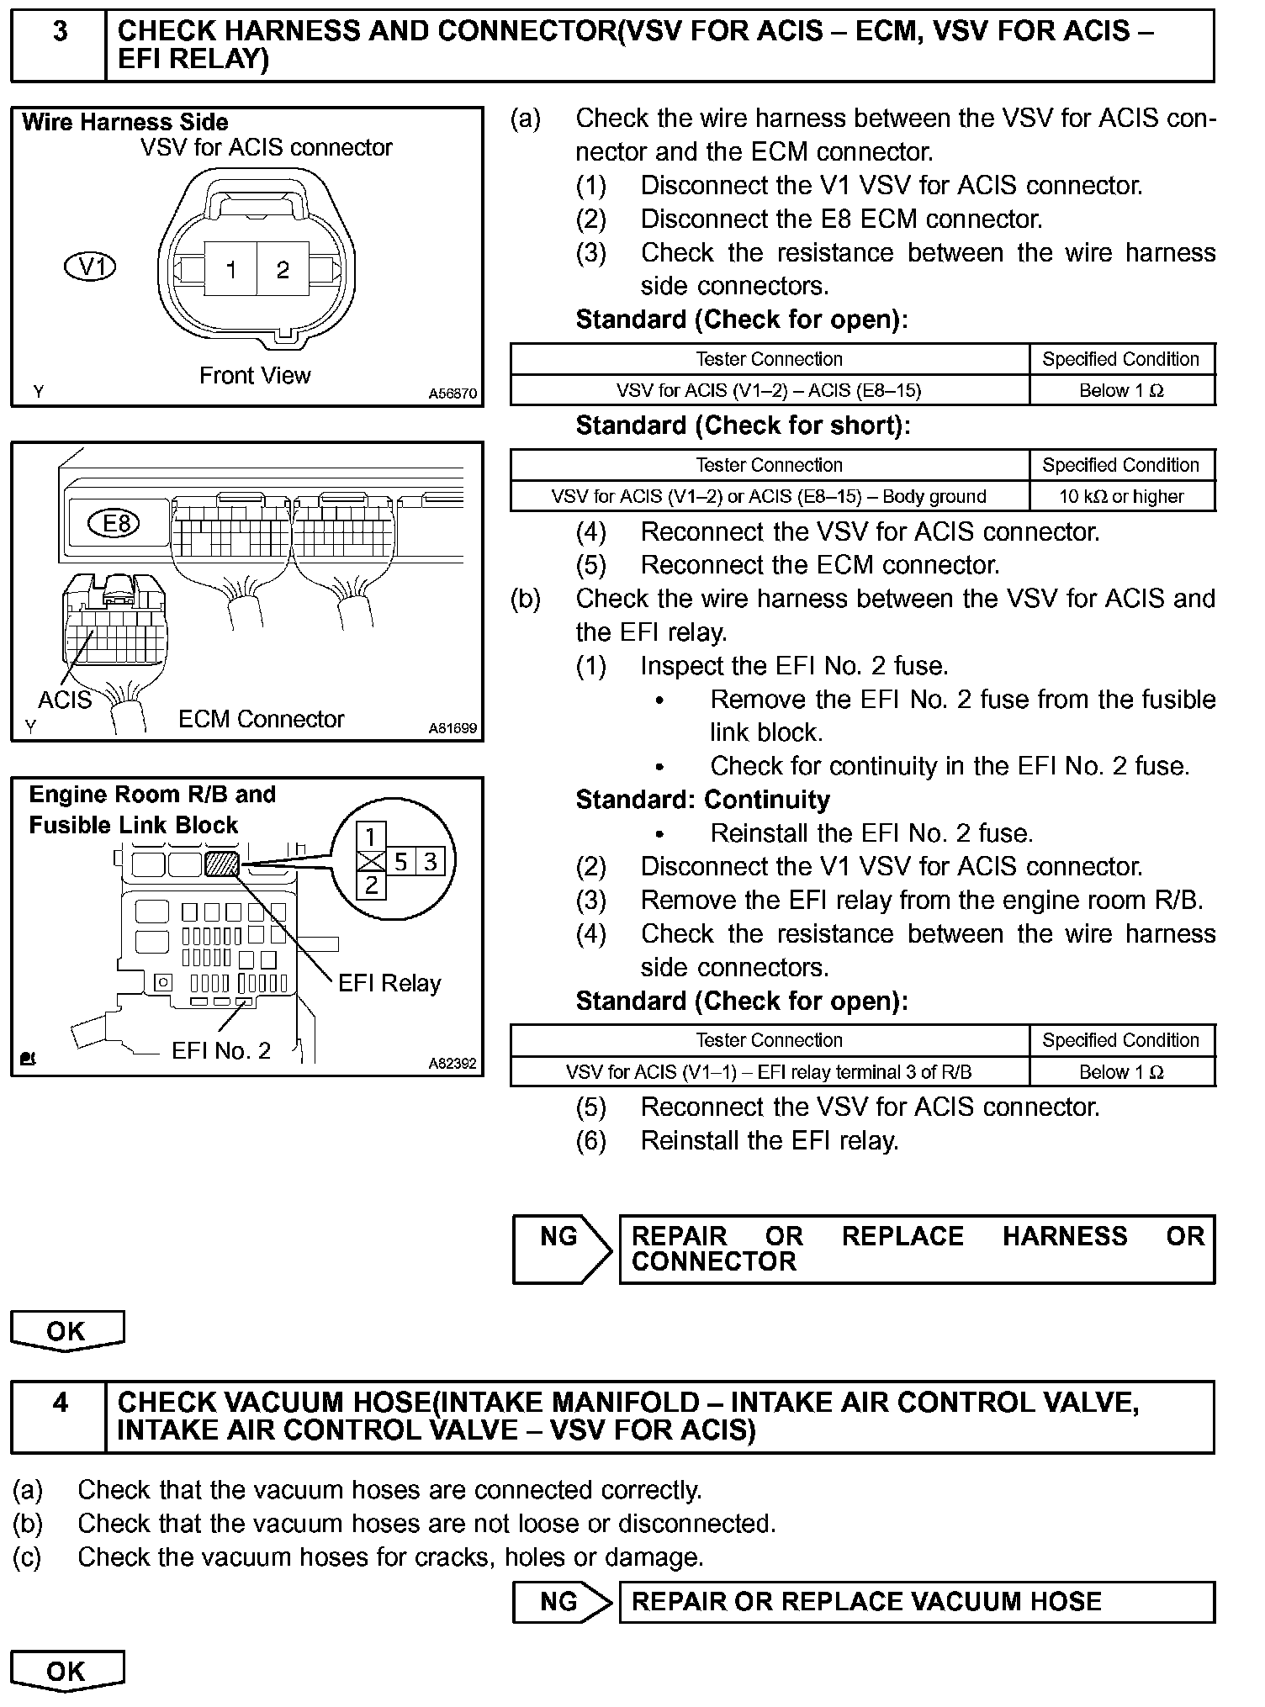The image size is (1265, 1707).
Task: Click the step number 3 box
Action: click(59, 45)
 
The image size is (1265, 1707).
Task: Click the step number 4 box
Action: click(59, 1416)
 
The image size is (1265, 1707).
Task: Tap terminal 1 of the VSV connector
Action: click(231, 269)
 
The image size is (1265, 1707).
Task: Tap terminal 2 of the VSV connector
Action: click(283, 269)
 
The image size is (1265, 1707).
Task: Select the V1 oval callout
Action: click(90, 267)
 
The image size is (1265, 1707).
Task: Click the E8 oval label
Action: click(116, 524)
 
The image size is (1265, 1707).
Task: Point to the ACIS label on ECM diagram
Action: click(64, 699)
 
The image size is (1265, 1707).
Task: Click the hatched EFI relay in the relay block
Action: click(222, 864)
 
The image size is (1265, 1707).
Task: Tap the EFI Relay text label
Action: click(389, 983)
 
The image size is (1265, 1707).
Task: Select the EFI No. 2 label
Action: click(221, 1050)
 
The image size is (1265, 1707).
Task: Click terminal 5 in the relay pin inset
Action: click(401, 861)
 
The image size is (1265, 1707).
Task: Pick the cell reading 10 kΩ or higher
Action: click(1121, 496)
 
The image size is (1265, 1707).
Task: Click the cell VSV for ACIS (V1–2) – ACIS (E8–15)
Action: click(769, 390)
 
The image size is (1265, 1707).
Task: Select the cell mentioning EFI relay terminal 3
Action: click(769, 1072)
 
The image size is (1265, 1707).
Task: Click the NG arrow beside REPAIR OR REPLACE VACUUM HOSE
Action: click(561, 1601)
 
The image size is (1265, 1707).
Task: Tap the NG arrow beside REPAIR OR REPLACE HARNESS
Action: click(561, 1249)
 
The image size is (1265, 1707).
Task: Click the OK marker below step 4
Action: click(66, 1671)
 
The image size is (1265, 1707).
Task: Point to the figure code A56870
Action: click(452, 393)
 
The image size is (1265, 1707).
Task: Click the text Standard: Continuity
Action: click(702, 800)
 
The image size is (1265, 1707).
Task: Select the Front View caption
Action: click(255, 375)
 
